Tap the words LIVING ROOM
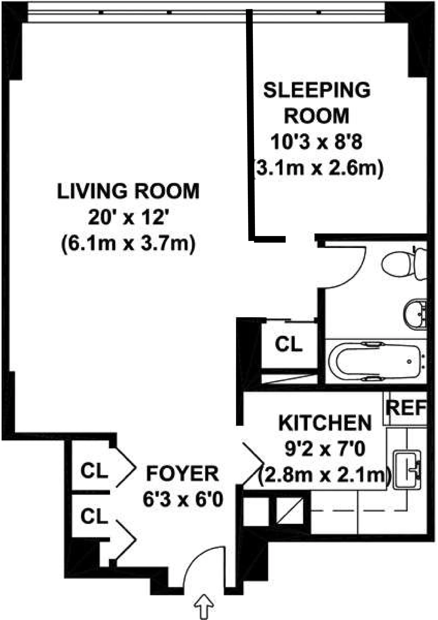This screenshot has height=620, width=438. [x=128, y=191]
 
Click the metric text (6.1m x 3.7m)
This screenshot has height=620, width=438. [x=128, y=244]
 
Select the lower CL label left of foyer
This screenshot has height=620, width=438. [x=94, y=517]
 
